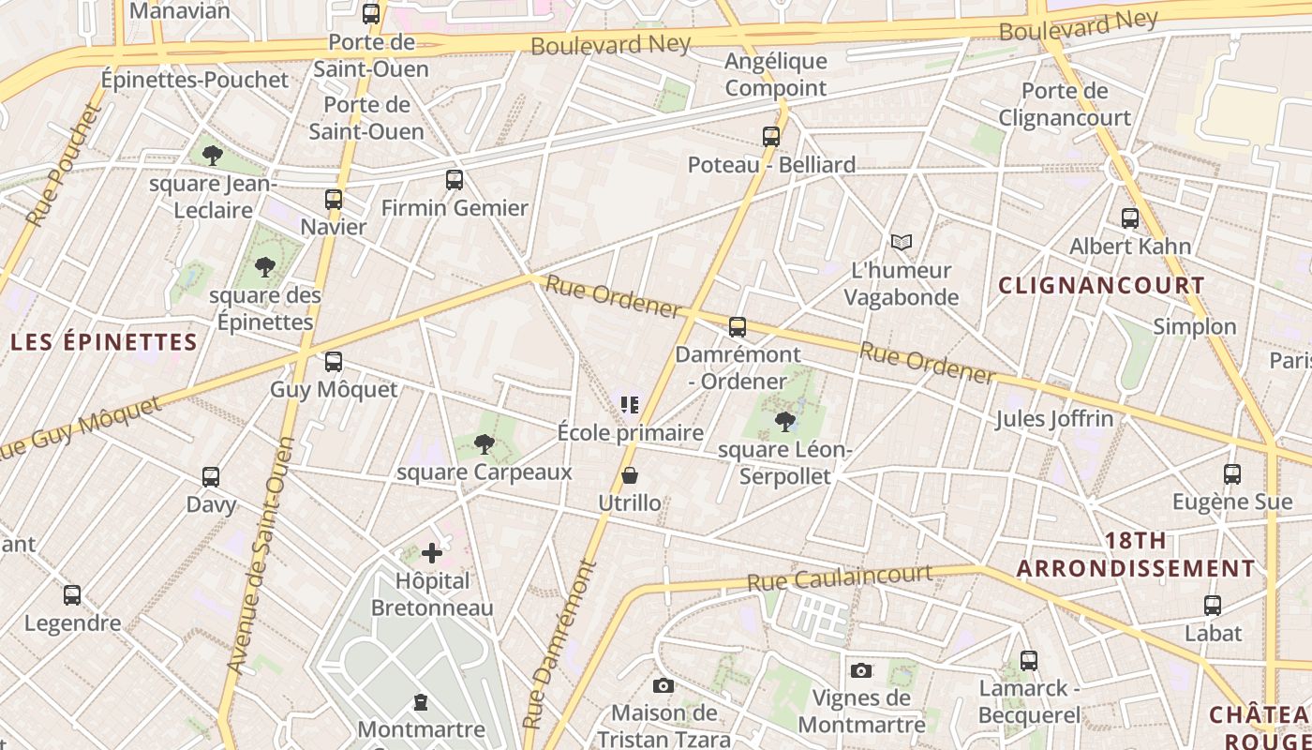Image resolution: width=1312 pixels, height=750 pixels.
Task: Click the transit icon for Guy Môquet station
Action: click(x=334, y=362)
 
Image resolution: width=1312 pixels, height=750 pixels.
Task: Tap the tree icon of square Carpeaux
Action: click(x=484, y=444)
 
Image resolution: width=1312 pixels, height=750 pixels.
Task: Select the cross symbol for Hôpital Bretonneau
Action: click(x=432, y=553)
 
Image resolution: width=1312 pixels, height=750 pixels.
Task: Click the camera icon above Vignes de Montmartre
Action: click(x=861, y=670)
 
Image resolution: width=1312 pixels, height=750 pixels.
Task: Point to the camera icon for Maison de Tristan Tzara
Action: click(x=663, y=685)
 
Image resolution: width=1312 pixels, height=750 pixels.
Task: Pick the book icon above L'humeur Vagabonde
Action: click(x=902, y=243)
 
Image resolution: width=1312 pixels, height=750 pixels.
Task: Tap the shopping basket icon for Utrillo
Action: click(x=630, y=476)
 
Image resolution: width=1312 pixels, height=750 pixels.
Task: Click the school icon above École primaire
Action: click(x=630, y=405)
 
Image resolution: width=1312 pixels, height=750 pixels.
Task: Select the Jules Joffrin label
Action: click(x=1054, y=418)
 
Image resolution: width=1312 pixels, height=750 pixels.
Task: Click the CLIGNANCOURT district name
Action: click(x=1101, y=285)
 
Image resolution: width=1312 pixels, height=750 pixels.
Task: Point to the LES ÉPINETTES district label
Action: click(x=104, y=341)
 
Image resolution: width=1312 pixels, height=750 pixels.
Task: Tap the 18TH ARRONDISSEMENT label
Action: click(x=1136, y=555)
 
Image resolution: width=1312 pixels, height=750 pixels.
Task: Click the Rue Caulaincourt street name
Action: click(x=840, y=577)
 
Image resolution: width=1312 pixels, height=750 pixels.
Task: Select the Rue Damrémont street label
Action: click(x=559, y=645)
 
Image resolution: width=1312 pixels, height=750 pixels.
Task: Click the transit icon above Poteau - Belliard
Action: click(x=771, y=137)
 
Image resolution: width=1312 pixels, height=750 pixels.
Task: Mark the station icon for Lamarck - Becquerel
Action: click(x=1029, y=661)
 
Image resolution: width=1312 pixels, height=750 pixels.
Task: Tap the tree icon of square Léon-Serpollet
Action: click(x=785, y=422)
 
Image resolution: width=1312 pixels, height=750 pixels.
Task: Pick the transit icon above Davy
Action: click(x=211, y=477)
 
